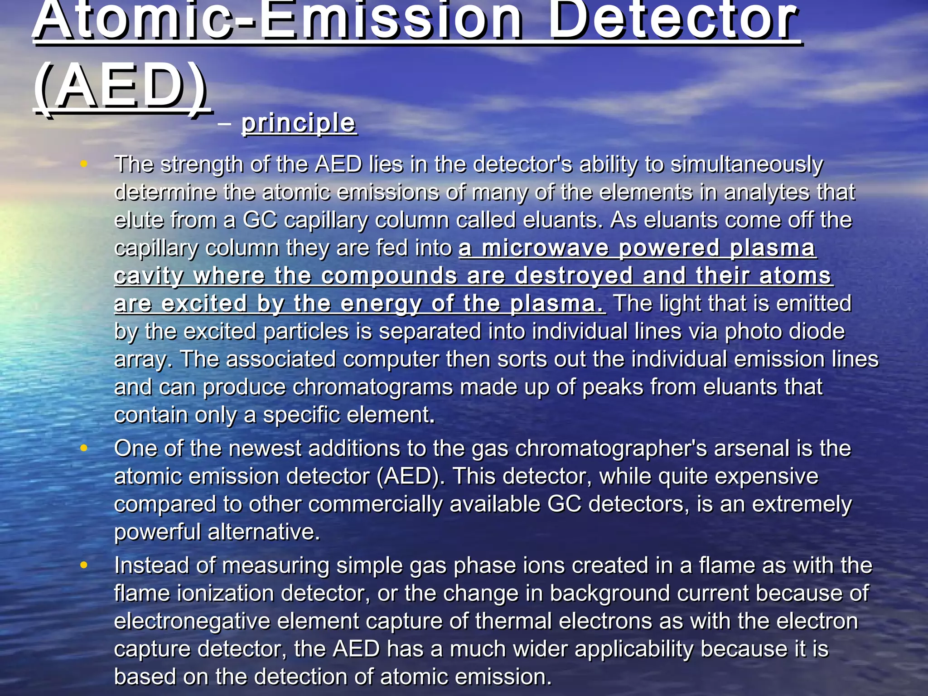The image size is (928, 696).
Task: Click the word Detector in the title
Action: click(674, 20)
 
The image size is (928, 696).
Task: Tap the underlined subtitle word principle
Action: click(299, 123)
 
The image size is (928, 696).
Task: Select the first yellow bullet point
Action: click(83, 164)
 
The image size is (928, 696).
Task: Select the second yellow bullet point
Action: click(83, 448)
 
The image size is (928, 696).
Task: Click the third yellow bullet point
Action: click(83, 565)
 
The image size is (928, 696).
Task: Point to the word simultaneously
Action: click(746, 165)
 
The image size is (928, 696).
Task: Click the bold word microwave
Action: click(545, 248)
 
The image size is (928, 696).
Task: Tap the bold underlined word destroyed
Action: click(574, 275)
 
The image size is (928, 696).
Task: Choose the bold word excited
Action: click(204, 303)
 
